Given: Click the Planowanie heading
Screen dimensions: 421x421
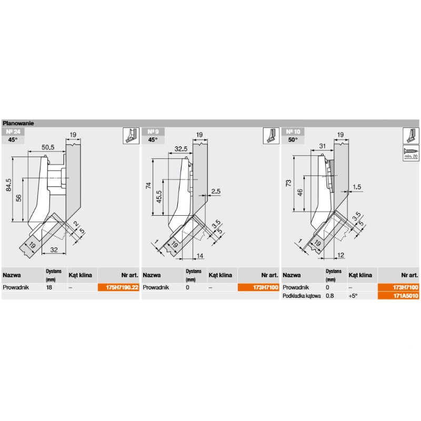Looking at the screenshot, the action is [18, 123].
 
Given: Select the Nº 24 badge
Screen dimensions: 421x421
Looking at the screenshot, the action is [13, 132].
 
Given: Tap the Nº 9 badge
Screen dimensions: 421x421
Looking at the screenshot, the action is [153, 132].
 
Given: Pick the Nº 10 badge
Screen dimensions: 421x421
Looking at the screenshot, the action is [293, 132].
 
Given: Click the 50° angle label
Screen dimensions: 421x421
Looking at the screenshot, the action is [293, 139].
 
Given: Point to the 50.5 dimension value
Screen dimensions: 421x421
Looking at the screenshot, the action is [48, 147].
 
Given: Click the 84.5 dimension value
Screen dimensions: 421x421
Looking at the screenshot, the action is [8, 185].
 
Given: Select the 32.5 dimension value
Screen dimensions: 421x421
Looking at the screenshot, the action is [181, 149].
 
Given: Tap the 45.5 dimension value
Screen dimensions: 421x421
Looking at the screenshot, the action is [159, 196].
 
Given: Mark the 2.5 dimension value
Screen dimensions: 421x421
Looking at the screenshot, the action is [216, 191].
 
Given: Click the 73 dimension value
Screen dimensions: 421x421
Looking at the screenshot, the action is [288, 183].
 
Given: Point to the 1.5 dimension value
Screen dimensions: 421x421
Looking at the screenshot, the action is [357, 187].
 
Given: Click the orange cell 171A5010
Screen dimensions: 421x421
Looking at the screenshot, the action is [398, 296].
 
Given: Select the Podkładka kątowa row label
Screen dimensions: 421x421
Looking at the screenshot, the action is [302, 296].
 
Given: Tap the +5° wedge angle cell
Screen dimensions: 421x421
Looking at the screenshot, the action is [353, 296].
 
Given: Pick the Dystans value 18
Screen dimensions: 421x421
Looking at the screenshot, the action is [49, 287].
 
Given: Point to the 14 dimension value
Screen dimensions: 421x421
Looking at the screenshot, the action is [200, 256].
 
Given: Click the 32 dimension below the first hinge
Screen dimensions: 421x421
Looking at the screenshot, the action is [54, 249].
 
